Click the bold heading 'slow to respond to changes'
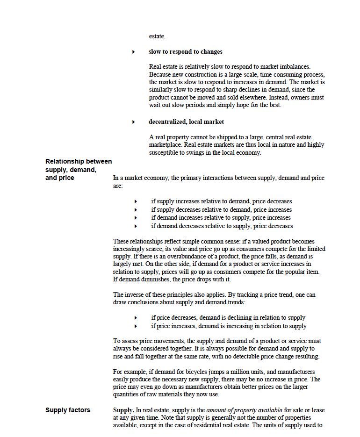185,51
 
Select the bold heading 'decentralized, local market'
186,122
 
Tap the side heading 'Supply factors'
67,410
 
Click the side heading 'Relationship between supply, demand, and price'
78,169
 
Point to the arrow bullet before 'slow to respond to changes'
134,52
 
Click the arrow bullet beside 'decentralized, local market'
134,122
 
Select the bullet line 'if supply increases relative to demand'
221,201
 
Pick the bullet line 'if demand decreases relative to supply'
222,226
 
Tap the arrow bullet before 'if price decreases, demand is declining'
136,318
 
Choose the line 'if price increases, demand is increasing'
229,326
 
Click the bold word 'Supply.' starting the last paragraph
123,410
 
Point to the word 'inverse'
135,294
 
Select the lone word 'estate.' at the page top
157,36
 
